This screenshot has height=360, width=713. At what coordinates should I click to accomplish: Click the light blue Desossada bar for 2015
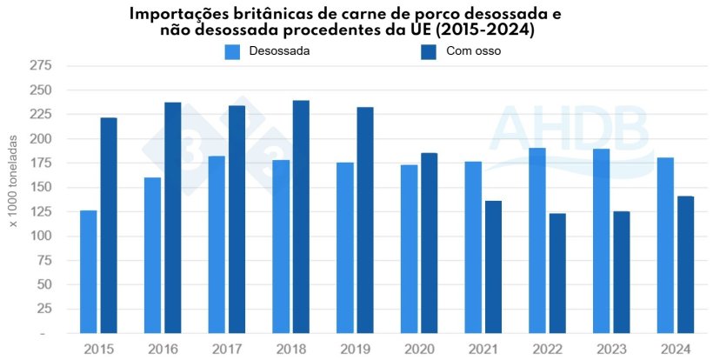(88, 271)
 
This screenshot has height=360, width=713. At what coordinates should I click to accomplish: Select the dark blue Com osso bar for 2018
(301, 217)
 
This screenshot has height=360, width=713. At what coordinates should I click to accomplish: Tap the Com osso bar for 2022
(557, 273)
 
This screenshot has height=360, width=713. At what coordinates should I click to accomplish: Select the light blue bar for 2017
(217, 244)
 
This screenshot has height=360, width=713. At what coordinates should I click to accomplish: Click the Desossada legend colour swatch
(232, 51)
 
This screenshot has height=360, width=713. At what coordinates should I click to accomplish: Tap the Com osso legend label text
(473, 51)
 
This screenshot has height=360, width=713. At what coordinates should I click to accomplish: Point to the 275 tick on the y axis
(41, 66)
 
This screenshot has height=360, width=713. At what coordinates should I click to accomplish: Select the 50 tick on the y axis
(44, 284)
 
